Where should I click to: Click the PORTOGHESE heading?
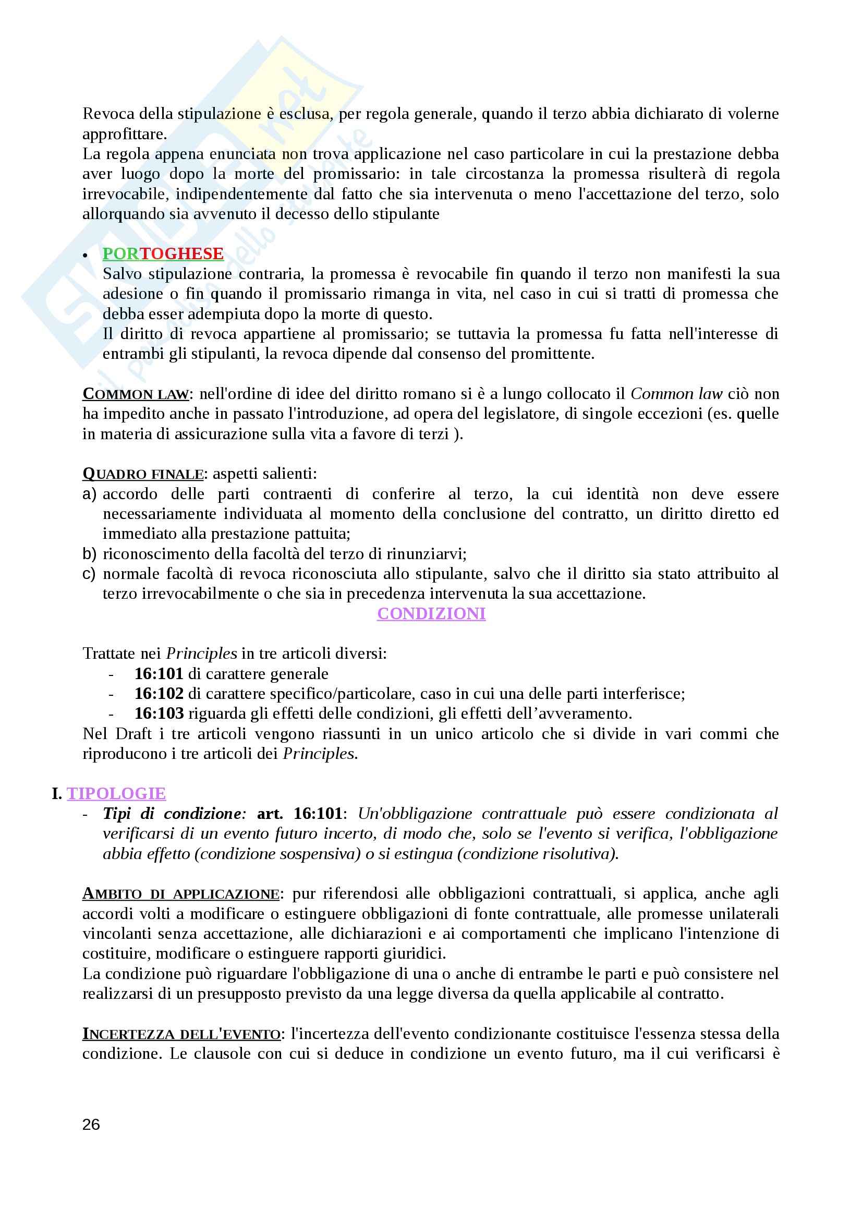point(163,254)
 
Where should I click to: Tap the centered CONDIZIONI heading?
point(431,614)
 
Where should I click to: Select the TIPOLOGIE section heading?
point(116,794)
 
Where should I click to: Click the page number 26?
point(91,1125)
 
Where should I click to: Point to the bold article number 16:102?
point(159,694)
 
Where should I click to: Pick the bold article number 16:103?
point(159,714)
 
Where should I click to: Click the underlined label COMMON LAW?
point(136,394)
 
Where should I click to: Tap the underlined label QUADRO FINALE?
point(143,474)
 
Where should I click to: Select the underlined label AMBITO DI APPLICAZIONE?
point(180,895)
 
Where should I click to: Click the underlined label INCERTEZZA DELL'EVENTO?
point(181,1034)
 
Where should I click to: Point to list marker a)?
point(89,494)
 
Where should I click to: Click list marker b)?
point(89,554)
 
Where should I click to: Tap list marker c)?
point(89,574)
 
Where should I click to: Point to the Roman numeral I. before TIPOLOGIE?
point(57,794)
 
